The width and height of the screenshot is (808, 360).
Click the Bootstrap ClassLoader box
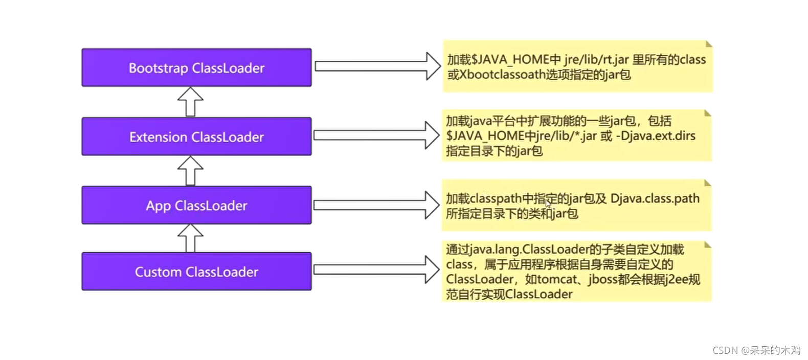point(196,67)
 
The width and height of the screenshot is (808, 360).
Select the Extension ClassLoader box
point(196,137)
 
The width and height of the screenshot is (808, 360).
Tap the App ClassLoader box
point(196,206)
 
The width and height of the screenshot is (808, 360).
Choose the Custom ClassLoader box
point(196,272)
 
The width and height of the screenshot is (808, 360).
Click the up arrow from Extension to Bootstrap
point(190,102)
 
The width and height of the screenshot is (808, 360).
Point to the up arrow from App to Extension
point(190,171)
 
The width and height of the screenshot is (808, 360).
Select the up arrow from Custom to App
point(190,238)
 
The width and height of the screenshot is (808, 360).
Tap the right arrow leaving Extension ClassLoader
point(376,135)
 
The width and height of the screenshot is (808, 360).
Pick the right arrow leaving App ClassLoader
point(376,205)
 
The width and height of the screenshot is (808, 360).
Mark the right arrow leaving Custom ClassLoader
point(376,269)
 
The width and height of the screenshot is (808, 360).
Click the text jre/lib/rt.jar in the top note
point(596,60)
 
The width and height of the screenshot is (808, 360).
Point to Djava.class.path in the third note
point(655,198)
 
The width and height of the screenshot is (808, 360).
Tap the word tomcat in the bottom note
point(558,279)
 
